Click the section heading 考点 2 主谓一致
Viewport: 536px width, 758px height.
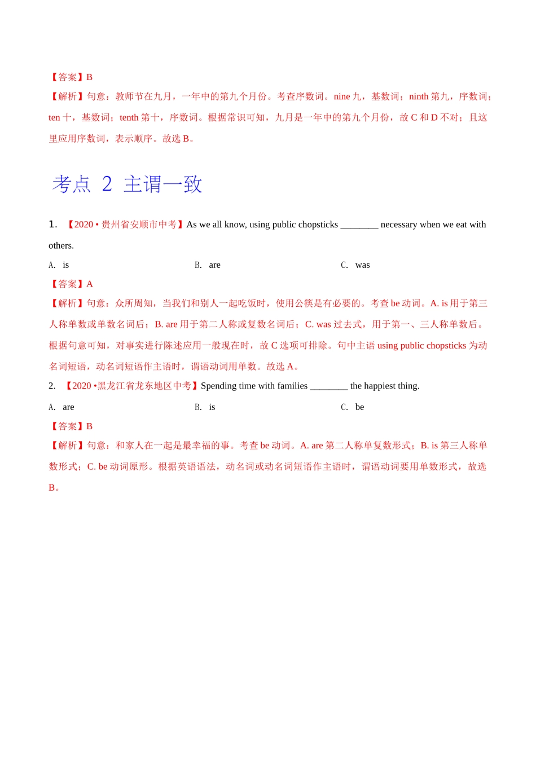click(127, 184)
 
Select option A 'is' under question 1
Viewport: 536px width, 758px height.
click(65, 265)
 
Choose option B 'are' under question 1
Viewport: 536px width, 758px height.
click(214, 265)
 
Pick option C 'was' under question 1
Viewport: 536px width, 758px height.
click(362, 265)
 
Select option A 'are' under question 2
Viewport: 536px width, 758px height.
click(68, 407)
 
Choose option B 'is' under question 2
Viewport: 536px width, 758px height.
click(212, 407)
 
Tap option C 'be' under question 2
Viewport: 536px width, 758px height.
click(359, 407)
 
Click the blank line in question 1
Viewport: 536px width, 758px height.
click(359, 226)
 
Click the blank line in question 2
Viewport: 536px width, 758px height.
click(329, 387)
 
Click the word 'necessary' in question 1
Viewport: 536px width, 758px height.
click(399, 224)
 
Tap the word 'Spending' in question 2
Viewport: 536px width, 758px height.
click(218, 386)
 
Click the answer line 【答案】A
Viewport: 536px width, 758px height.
click(71, 284)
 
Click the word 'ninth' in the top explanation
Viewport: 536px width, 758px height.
click(419, 96)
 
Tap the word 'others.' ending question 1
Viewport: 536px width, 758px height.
click(61, 245)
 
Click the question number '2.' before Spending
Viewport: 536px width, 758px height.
click(52, 386)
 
